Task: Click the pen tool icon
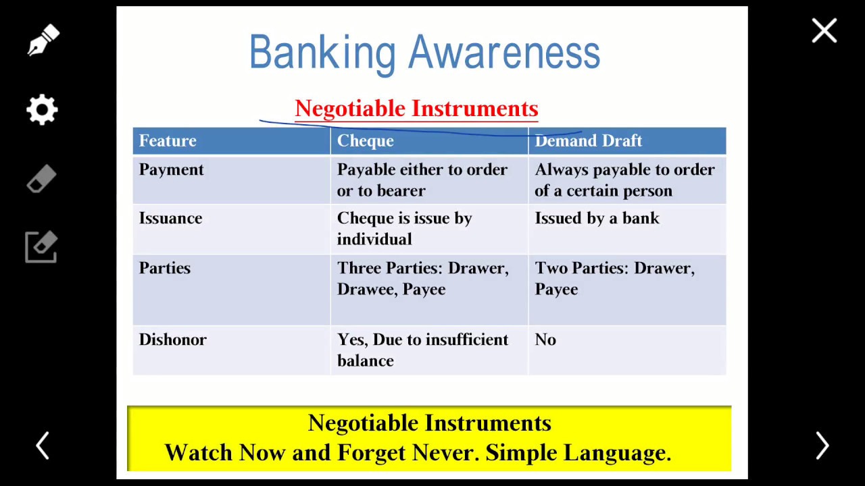point(43,40)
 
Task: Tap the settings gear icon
point(42,109)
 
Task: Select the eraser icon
point(42,179)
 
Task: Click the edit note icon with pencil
point(41,247)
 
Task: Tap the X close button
point(824,30)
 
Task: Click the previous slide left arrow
point(43,446)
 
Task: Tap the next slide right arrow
point(822,446)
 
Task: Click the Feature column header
point(168,141)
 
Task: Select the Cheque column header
point(366,141)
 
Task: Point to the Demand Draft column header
point(588,141)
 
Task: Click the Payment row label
point(171,170)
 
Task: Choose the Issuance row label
point(170,218)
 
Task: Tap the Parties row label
point(164,268)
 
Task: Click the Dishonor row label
point(172,340)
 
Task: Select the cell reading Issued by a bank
point(597,219)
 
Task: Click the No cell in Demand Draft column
point(545,340)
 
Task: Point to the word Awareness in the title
point(504,52)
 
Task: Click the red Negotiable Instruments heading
point(416,109)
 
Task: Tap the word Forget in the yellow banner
point(371,452)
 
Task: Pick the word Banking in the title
point(322,54)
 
